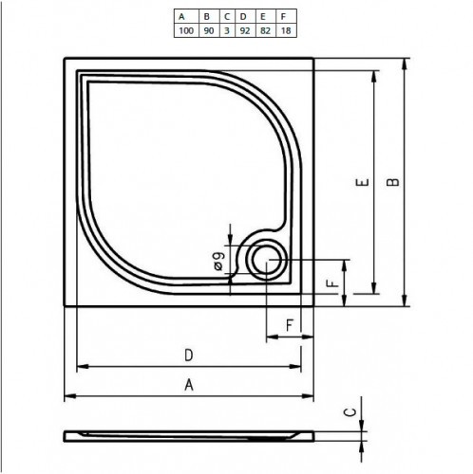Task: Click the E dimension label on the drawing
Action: click(x=363, y=186)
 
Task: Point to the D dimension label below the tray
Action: click(x=189, y=355)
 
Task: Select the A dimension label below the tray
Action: click(x=189, y=385)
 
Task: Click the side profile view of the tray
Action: click(x=189, y=435)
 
